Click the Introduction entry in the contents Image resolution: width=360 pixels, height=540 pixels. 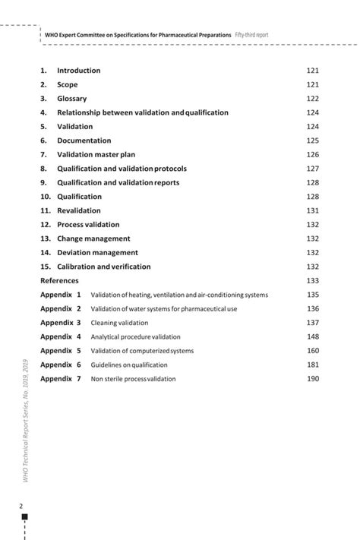click(78, 71)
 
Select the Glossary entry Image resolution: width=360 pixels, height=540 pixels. click(72, 99)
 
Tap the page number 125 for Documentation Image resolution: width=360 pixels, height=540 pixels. click(312, 141)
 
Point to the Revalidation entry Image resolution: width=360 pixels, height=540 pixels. click(78, 210)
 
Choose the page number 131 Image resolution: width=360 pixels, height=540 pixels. click(312, 210)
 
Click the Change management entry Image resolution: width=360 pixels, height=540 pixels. click(93, 238)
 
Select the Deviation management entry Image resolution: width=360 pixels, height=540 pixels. click(97, 252)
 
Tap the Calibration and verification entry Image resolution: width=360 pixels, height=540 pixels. click(104, 267)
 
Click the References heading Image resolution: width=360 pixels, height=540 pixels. click(59, 280)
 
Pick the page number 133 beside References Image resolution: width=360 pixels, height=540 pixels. click(312, 280)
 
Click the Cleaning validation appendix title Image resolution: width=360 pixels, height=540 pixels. click(119, 323)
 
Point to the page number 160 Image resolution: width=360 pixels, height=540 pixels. click(312, 350)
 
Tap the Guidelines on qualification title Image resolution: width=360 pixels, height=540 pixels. click(128, 365)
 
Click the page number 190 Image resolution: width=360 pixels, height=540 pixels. click(312, 378)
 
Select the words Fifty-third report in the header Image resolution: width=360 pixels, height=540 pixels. click(251, 35)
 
